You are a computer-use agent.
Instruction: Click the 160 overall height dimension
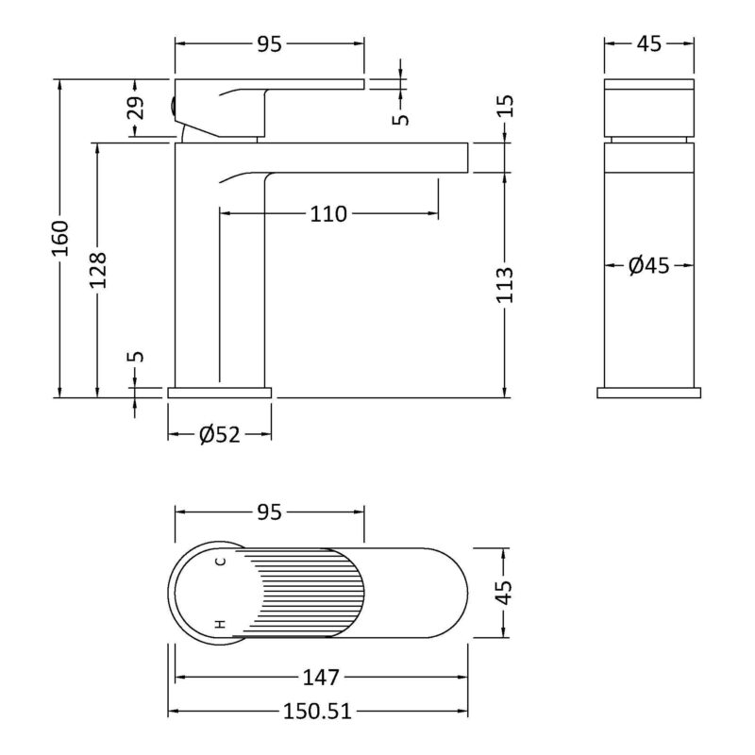point(60,238)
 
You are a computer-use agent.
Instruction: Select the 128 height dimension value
point(98,270)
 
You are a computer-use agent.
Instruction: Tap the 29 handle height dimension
point(136,108)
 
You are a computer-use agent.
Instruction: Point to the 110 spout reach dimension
point(327,214)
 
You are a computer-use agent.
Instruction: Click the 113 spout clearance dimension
point(505,285)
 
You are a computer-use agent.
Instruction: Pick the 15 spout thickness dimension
point(506,106)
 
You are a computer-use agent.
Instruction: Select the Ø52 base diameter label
point(220,435)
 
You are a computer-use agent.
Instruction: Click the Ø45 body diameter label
point(649,265)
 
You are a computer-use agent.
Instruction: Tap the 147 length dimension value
point(321,678)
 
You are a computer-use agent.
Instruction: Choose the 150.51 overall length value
point(317,712)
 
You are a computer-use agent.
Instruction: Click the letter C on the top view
point(220,562)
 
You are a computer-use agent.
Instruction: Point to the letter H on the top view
point(220,625)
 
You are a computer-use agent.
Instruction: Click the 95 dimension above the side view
point(269,44)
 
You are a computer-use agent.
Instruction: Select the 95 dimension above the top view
point(269,512)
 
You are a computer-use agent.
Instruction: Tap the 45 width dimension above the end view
point(649,44)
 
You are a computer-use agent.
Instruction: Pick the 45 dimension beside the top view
point(503,593)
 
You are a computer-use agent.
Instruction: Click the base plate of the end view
point(649,393)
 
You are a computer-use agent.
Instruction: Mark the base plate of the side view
point(220,393)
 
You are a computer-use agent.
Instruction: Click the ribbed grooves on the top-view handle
point(303,593)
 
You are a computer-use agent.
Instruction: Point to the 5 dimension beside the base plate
point(136,357)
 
